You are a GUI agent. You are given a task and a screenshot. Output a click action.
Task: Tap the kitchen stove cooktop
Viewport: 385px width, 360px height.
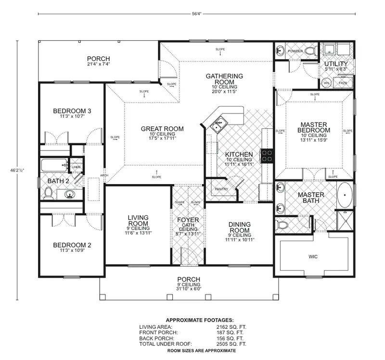pyautogui.click(x=267, y=155)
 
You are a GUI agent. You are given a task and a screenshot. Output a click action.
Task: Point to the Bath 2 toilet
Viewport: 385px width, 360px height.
pyautogui.click(x=48, y=192)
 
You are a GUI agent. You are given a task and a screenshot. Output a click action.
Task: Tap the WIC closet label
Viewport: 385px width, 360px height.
pyautogui.click(x=313, y=257)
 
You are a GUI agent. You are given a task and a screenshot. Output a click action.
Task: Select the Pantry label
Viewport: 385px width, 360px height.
pyautogui.click(x=221, y=189)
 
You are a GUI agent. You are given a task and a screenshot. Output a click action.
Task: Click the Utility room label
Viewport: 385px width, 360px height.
pyautogui.click(x=335, y=64)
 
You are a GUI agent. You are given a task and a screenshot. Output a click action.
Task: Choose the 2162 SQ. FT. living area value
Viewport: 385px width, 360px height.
pyautogui.click(x=231, y=326)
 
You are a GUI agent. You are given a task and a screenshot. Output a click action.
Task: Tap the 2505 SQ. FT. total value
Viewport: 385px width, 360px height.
pyautogui.click(x=231, y=344)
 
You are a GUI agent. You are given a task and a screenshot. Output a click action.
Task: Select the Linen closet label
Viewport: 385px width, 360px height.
pyautogui.click(x=77, y=167)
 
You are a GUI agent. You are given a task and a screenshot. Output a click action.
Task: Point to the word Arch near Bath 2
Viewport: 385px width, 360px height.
pyautogui.click(x=103, y=175)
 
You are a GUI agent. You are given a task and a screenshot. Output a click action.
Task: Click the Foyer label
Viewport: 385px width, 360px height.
pyautogui.click(x=188, y=220)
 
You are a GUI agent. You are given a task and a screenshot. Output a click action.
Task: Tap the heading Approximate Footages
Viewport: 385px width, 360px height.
pyautogui.click(x=200, y=320)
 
